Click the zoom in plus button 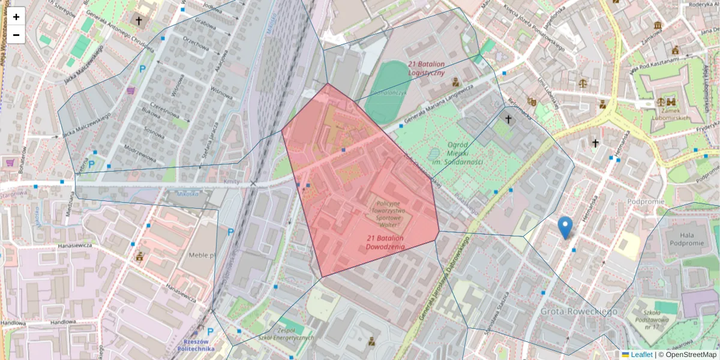tap(16, 17)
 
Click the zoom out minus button tap(16, 35)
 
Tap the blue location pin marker tap(565, 227)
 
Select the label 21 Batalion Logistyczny tap(425, 68)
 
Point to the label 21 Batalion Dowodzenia tap(385, 242)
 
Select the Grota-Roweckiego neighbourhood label tap(578, 311)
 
